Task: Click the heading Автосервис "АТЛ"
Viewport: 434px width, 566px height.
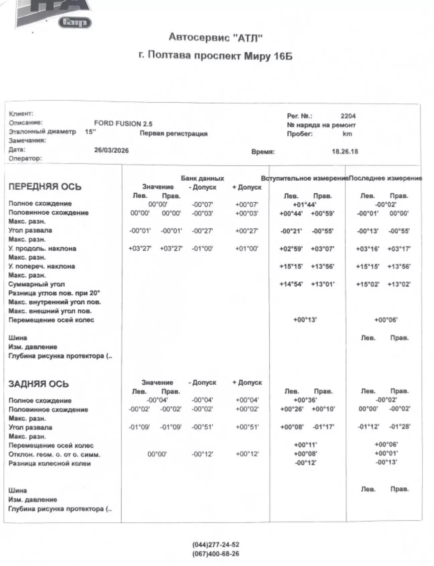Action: pos(215,37)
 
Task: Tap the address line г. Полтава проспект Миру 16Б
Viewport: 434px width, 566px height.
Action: pos(215,55)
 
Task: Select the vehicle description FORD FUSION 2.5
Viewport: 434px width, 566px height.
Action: pos(123,123)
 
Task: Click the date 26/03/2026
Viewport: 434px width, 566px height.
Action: pos(111,150)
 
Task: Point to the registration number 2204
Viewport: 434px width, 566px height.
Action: pos(348,116)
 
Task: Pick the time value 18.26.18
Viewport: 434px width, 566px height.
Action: pos(345,152)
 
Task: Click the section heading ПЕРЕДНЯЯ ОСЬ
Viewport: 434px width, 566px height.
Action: pos(45,187)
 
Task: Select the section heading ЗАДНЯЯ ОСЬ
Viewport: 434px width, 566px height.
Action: pos(39,384)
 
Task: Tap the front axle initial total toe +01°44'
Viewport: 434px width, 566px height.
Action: pos(304,205)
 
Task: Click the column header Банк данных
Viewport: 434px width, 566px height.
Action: pos(202,178)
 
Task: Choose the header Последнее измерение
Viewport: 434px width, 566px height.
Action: pos(385,178)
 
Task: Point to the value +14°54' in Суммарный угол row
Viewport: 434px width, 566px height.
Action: pos(291,284)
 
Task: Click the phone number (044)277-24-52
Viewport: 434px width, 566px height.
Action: pos(216,545)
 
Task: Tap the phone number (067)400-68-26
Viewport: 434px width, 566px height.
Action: pos(216,554)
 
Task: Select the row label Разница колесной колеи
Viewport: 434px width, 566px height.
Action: pos(50,464)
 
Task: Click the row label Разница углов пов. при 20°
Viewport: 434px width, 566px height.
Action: pos(54,293)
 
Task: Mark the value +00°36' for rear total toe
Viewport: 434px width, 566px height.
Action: pos(305,400)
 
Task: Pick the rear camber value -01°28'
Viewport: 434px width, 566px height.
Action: pos(400,427)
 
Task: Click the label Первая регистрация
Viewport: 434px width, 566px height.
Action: pos(173,134)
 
